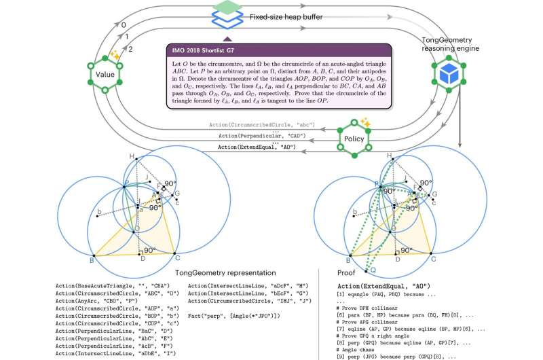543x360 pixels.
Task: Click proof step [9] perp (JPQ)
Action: click(400, 355)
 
